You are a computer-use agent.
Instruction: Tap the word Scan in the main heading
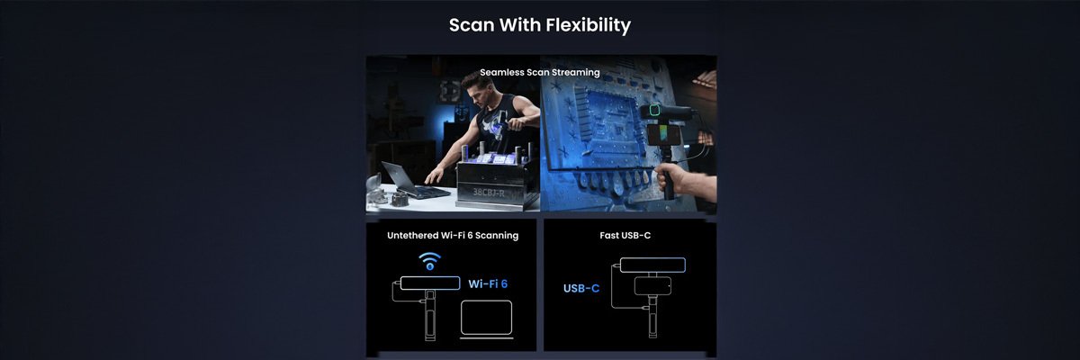[x=471, y=25]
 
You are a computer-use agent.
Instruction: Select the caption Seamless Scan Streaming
[x=539, y=72]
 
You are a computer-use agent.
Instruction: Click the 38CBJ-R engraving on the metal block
[x=489, y=193]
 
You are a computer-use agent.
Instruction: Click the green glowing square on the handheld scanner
[x=654, y=110]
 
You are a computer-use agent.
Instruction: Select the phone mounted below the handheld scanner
[x=658, y=135]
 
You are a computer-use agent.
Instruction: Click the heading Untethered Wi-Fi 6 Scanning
[x=453, y=236]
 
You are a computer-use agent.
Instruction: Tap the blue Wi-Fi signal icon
[x=429, y=261]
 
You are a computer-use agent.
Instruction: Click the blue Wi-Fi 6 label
[x=488, y=283]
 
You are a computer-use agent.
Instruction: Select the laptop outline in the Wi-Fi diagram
[x=487, y=319]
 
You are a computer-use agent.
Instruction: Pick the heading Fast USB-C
[x=625, y=236]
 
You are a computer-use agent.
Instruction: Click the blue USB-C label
[x=581, y=288]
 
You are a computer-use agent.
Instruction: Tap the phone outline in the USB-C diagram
[x=652, y=286]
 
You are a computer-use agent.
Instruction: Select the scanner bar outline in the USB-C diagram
[x=652, y=265]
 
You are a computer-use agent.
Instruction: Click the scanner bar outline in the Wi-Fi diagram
[x=430, y=283]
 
